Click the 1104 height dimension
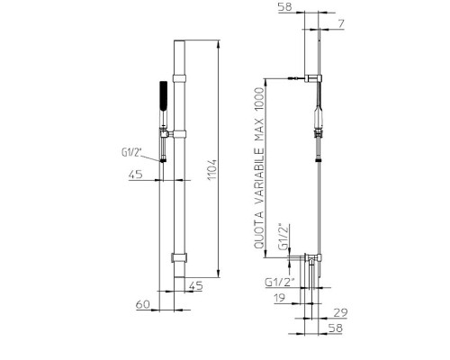212,169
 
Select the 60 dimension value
143,304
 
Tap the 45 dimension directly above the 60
196,285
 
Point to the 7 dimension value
341,23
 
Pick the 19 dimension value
280,298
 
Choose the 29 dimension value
340,313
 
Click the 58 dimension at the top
285,7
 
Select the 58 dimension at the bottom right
336,328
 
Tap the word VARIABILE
259,176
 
